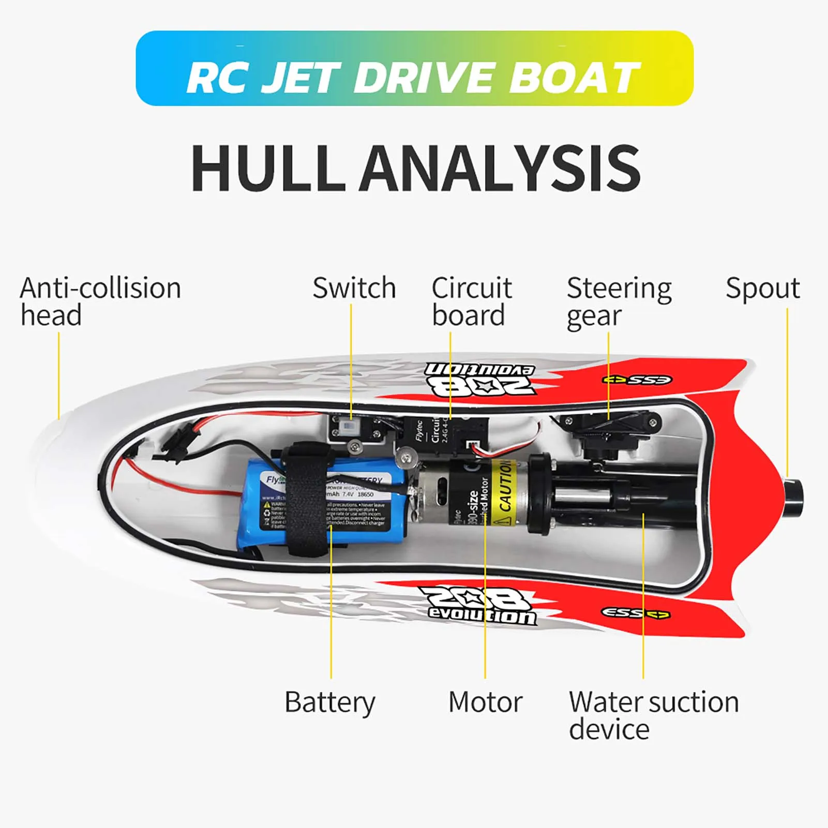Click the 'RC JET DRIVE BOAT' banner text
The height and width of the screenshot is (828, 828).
tap(414, 78)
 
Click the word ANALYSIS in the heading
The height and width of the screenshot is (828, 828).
tap(500, 168)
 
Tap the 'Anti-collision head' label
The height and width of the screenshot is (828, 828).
tap(100, 302)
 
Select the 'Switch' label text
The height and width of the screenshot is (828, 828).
tap(354, 288)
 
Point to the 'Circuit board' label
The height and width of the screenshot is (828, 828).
tap(471, 302)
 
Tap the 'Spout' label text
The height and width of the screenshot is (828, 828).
tap(763, 288)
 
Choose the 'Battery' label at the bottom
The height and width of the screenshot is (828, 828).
tap(330, 702)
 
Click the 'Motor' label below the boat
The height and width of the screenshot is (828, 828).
tap(485, 702)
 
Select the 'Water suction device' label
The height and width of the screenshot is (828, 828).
tap(654, 715)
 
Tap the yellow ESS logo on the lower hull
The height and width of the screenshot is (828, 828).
tap(636, 613)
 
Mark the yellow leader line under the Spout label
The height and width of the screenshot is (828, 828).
tap(787, 388)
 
